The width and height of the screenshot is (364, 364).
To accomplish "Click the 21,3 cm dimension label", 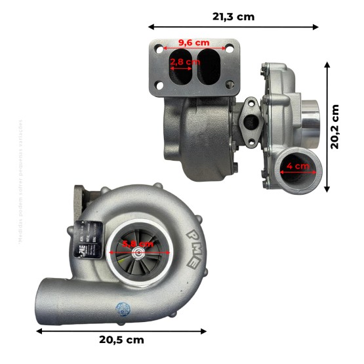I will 233,16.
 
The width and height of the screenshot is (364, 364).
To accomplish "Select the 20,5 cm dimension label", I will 121,340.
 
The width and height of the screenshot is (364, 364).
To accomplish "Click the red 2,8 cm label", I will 184,62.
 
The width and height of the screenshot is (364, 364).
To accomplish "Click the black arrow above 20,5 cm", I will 121,330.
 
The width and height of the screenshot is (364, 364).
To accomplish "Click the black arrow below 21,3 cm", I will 233,28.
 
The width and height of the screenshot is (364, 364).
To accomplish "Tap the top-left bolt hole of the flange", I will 159,49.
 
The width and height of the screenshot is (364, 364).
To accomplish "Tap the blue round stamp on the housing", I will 123,309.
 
